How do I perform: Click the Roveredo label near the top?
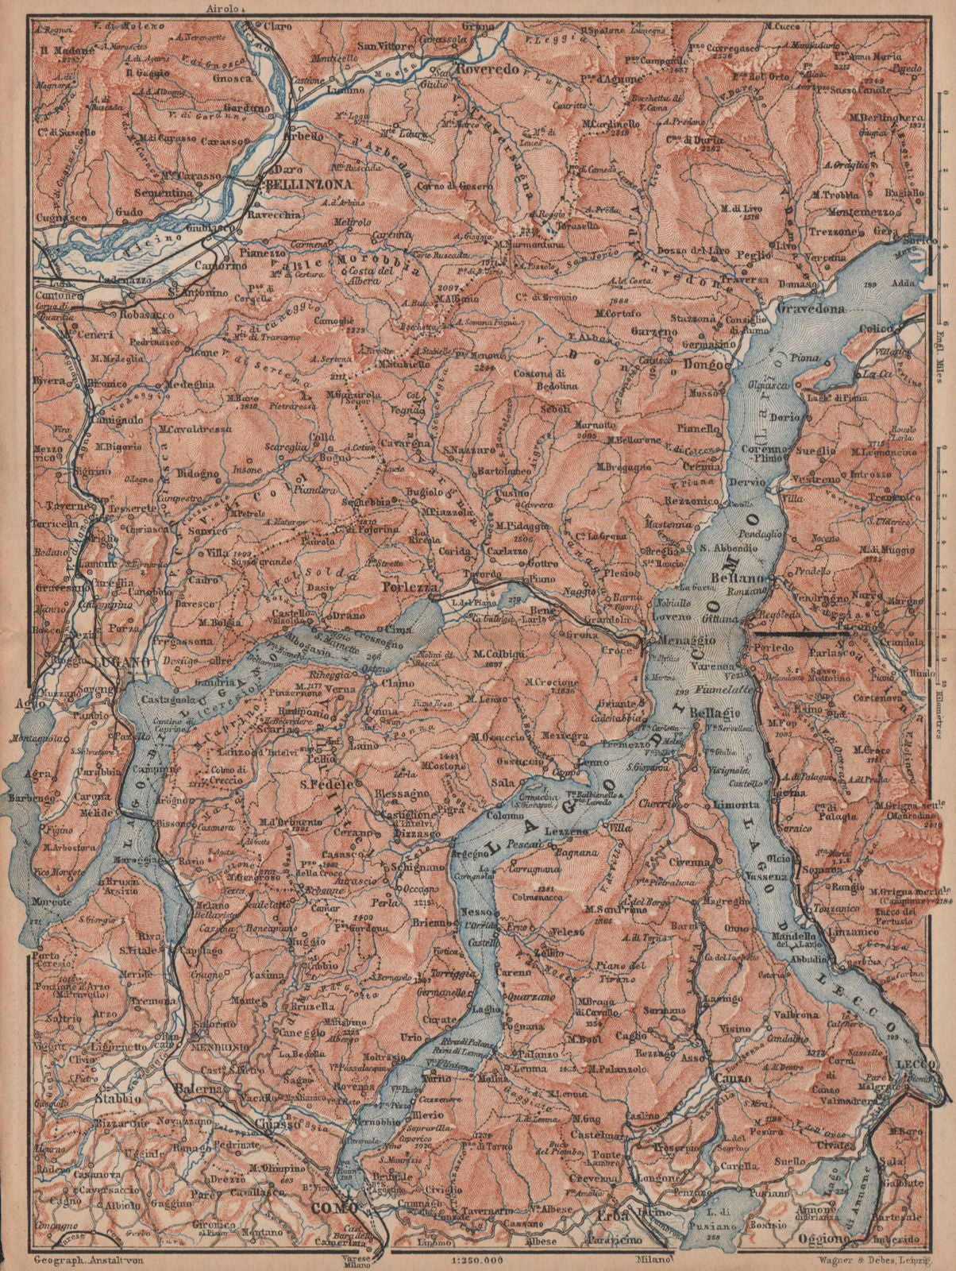pos(485,69)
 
